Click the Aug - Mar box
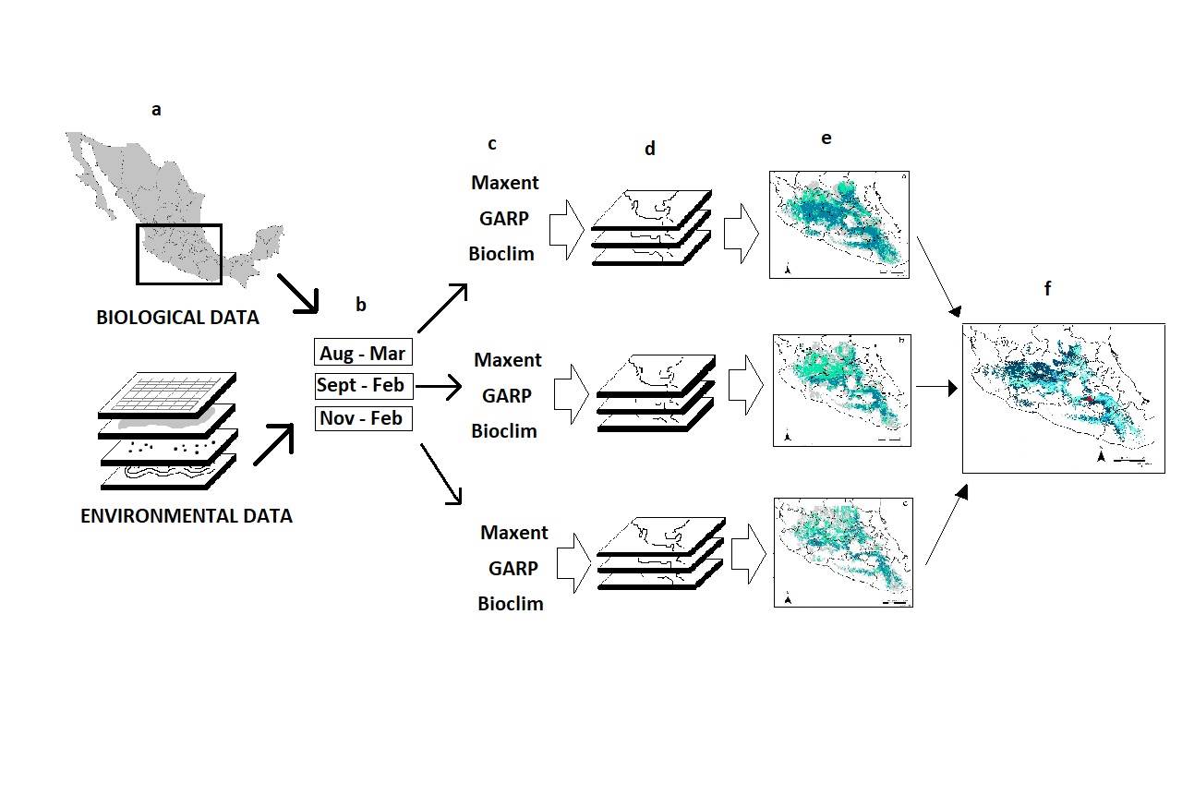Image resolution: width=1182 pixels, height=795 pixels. coord(362,353)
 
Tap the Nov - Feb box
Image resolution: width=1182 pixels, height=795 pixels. coord(362,418)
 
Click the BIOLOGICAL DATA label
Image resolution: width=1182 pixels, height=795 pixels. coord(177,318)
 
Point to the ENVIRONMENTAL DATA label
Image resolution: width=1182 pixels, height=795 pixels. coord(187,516)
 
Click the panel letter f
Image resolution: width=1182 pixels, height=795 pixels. coord(1047,289)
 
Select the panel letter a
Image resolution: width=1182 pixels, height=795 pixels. coord(156,110)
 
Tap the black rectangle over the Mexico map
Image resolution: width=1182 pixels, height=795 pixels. coord(179,254)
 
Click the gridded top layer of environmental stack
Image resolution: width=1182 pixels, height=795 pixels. coord(168,394)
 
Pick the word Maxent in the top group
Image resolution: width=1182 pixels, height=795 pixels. coord(504,183)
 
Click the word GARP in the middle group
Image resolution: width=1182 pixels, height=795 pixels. coord(507,395)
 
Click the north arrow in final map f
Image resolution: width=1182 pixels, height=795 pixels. coord(1102,457)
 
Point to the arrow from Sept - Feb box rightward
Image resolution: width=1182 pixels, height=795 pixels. coord(439,388)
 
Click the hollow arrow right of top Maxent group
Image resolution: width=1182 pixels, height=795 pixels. coord(566,227)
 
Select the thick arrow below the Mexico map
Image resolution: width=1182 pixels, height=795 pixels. coord(298,294)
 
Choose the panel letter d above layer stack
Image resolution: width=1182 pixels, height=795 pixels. coord(649,149)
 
